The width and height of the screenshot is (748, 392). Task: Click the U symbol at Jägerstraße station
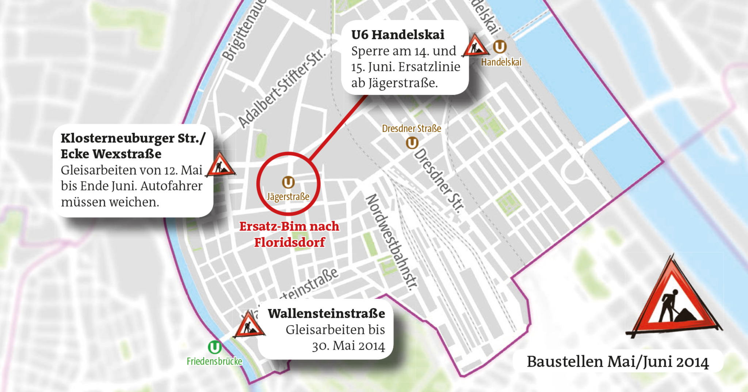pyautogui.click(x=288, y=182)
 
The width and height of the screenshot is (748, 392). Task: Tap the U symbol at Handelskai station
pyautogui.click(x=500, y=47)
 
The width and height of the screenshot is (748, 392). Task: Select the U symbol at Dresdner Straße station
pyautogui.click(x=412, y=143)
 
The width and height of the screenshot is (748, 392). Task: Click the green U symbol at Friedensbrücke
pyautogui.click(x=214, y=347)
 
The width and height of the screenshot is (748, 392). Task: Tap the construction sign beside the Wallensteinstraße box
pyautogui.click(x=248, y=325)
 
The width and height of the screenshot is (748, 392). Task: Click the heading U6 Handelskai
pyautogui.click(x=397, y=35)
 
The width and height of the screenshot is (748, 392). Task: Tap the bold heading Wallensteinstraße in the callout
pyautogui.click(x=326, y=313)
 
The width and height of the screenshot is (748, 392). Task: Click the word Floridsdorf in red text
pyautogui.click(x=289, y=242)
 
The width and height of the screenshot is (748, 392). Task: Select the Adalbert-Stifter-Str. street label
pyautogui.click(x=281, y=89)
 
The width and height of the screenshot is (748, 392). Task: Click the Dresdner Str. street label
pyautogui.click(x=439, y=181)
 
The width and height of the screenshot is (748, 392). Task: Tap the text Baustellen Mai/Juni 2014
pyautogui.click(x=617, y=362)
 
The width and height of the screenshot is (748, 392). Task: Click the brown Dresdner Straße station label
pyautogui.click(x=411, y=129)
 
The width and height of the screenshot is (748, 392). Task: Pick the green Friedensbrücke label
pyautogui.click(x=214, y=361)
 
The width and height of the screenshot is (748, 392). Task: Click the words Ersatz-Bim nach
pyautogui.click(x=289, y=226)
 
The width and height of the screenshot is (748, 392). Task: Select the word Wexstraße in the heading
pyautogui.click(x=127, y=154)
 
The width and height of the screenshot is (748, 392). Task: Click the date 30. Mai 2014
pyautogui.click(x=348, y=346)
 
